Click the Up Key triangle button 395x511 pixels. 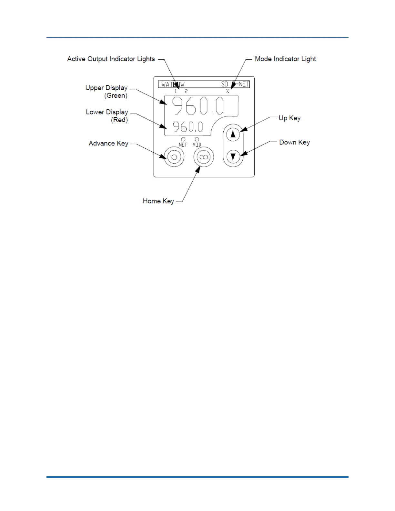coord(233,134)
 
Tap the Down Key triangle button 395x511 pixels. coord(233,157)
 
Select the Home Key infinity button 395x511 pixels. coord(203,157)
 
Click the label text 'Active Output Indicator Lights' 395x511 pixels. coord(111,59)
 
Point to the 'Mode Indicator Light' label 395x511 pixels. coord(285,59)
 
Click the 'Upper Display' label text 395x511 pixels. coord(106,88)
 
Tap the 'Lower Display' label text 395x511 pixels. coord(107,112)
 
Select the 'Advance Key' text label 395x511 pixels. coord(108,143)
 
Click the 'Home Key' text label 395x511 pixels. coord(158,201)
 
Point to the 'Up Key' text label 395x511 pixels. coord(289,118)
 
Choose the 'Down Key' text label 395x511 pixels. coord(294,142)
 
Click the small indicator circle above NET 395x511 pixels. coord(183,139)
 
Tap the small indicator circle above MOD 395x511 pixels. coord(197,139)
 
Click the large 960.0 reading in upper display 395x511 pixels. coord(197,106)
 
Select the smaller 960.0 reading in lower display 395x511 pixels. coord(188,127)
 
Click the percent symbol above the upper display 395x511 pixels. coord(228,92)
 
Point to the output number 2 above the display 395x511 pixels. coord(186,92)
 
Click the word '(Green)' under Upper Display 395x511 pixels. coord(116,95)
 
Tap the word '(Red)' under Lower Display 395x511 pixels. coord(119,120)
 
